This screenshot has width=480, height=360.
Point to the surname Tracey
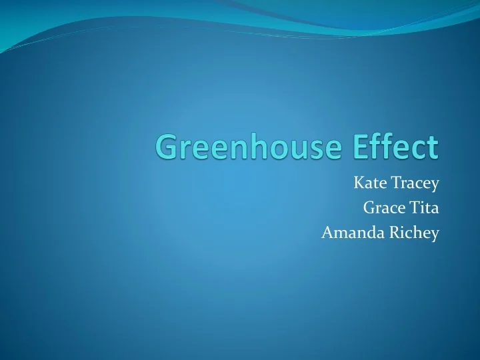click(413, 183)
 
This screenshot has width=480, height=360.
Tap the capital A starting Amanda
click(327, 233)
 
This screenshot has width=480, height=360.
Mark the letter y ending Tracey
click(434, 185)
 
